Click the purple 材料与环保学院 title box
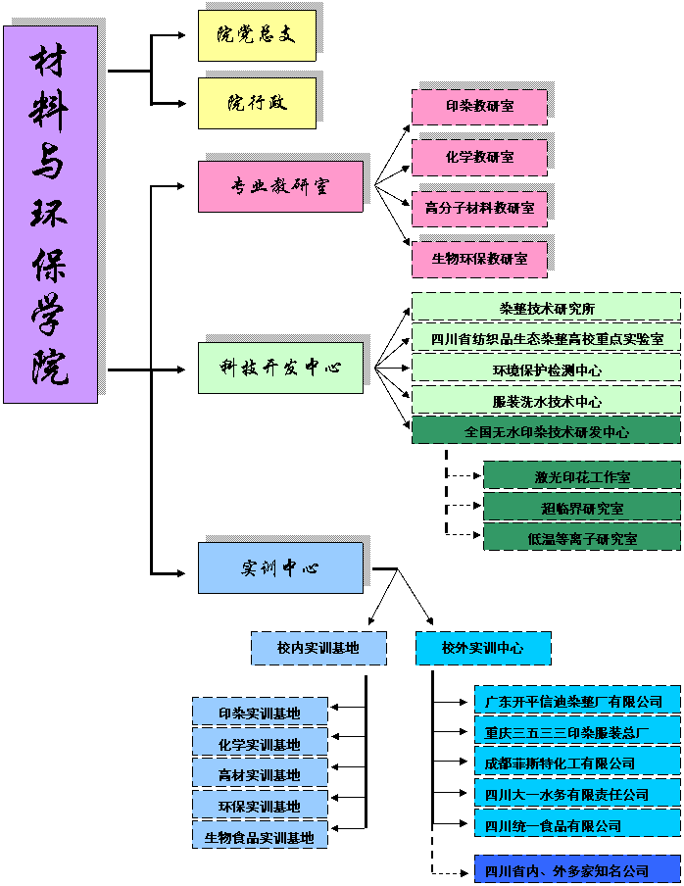pyautogui.click(x=51, y=214)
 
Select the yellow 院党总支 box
pyautogui.click(x=257, y=35)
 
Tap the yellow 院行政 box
pyautogui.click(x=257, y=103)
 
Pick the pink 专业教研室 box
pyautogui.click(x=280, y=186)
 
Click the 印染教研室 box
pyautogui.click(x=479, y=107)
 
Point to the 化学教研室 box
pyautogui.click(x=479, y=157)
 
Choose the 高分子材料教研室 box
pyautogui.click(x=479, y=208)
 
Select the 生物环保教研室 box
pyautogui.click(x=479, y=259)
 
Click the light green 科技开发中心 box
pyautogui.click(x=280, y=368)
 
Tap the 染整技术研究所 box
pyautogui.click(x=546, y=308)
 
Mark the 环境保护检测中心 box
pyautogui.click(x=546, y=369)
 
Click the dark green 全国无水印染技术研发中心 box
pyautogui.click(x=546, y=431)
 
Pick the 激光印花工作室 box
pyautogui.click(x=582, y=476)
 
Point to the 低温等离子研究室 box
pyautogui.click(x=582, y=538)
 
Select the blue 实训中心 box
pyautogui.click(x=280, y=568)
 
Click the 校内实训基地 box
pyautogui.click(x=318, y=648)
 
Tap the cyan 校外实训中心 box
pyautogui.click(x=482, y=648)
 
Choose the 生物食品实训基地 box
pyautogui.click(x=259, y=837)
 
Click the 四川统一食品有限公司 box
pyautogui.click(x=577, y=825)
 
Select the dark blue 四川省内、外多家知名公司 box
pyautogui.click(x=577, y=870)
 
